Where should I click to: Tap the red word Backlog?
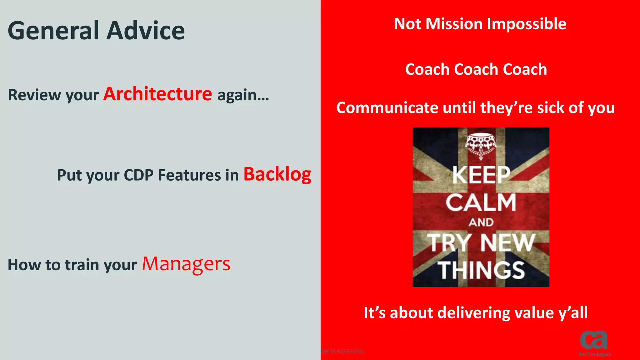(x=277, y=174)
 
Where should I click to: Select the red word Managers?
(x=186, y=264)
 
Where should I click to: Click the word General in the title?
(x=53, y=31)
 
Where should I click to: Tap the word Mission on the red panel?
(x=454, y=24)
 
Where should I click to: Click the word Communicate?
(x=387, y=108)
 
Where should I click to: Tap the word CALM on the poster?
(x=481, y=202)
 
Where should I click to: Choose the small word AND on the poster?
(x=481, y=222)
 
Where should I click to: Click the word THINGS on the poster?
(x=481, y=270)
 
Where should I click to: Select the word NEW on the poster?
(x=508, y=243)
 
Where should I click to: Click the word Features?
(x=189, y=175)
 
